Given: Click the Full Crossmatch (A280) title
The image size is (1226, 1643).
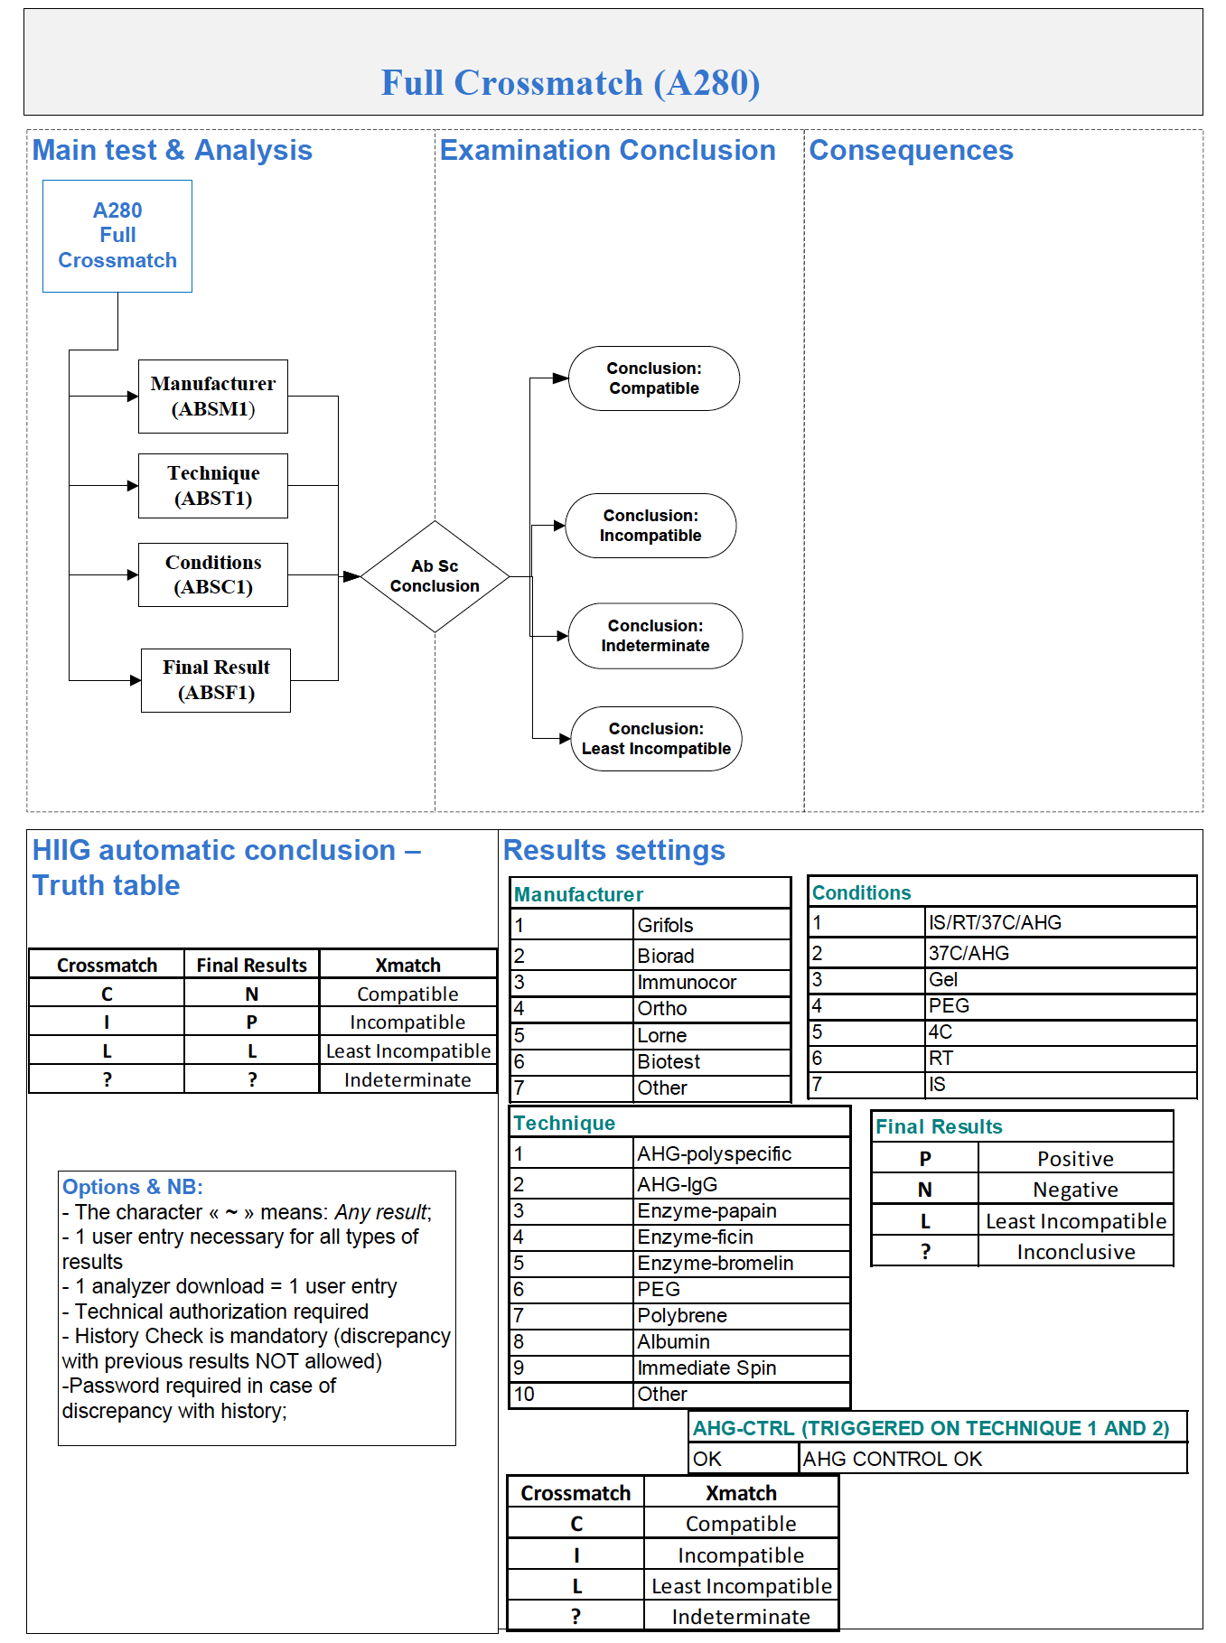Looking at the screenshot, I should coord(570,83).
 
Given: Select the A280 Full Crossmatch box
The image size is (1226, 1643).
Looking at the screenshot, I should coord(117,236).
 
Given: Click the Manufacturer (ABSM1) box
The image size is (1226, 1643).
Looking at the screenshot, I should coord(213,397).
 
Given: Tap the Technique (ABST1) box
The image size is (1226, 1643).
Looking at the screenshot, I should coord(213,486).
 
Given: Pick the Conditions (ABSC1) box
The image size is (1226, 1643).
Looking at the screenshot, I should coord(213,574).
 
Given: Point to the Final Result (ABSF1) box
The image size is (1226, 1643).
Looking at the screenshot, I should coord(216,680).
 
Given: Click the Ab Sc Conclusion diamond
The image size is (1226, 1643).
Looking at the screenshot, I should coord(435,576).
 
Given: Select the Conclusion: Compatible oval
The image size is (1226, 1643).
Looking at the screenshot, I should coord(653,378).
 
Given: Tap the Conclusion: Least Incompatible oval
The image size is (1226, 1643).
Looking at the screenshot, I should coord(656,739).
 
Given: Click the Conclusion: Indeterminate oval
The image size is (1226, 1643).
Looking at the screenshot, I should coord(655,636).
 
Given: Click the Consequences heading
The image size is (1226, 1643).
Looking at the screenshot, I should coord(911,150).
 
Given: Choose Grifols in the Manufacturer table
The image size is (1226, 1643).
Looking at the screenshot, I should coord(666,925).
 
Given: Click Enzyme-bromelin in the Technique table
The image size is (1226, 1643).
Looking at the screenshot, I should coord(715,1263).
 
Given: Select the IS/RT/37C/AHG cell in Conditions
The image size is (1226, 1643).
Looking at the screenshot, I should coord(995,922).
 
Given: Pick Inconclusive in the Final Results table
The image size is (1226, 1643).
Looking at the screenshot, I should coord(1075,1252).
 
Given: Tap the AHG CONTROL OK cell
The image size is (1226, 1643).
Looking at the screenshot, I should coord(892,1459).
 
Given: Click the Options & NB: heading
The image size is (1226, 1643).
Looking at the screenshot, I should coord(133,1187).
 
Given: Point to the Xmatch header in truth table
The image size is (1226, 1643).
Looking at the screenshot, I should coord(407,965).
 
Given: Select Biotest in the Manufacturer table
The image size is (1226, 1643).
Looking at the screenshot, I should coord(669,1061).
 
